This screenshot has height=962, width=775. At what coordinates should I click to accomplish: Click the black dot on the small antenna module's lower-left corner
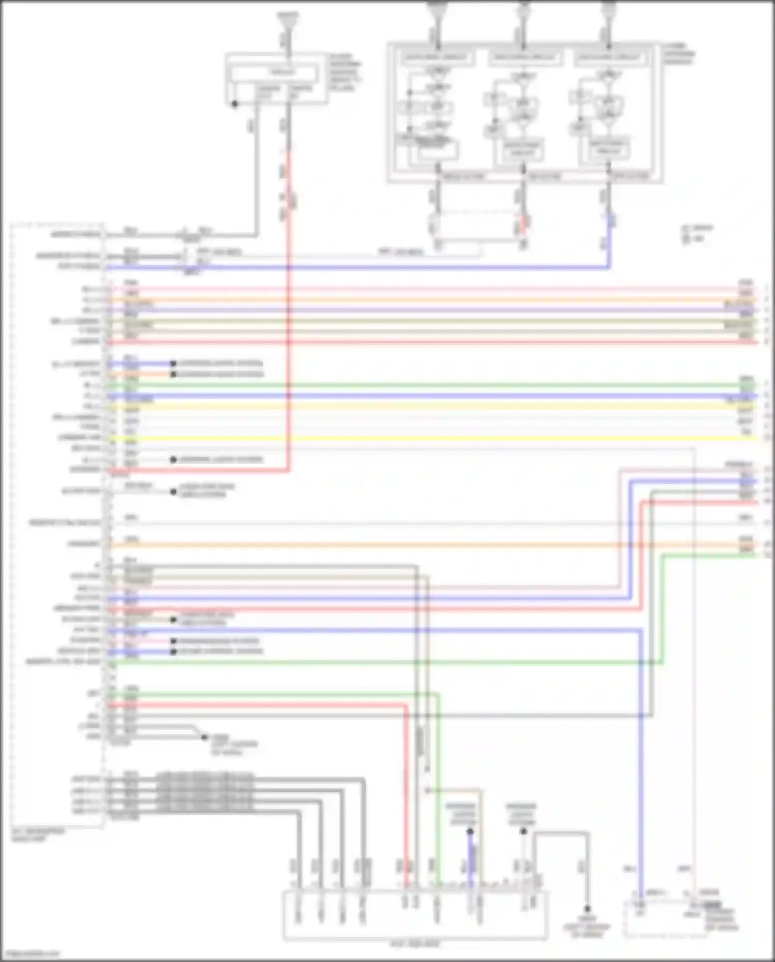click(x=235, y=104)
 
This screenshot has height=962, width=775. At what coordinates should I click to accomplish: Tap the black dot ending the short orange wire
click(x=174, y=374)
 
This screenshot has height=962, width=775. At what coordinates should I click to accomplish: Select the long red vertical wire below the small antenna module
click(x=288, y=310)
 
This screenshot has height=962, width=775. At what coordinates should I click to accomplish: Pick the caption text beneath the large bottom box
click(x=415, y=944)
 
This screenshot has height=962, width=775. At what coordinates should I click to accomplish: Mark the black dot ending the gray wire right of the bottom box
click(x=587, y=909)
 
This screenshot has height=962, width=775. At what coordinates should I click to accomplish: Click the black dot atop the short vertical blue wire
click(x=470, y=831)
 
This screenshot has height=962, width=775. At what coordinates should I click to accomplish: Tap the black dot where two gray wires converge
click(x=205, y=737)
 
